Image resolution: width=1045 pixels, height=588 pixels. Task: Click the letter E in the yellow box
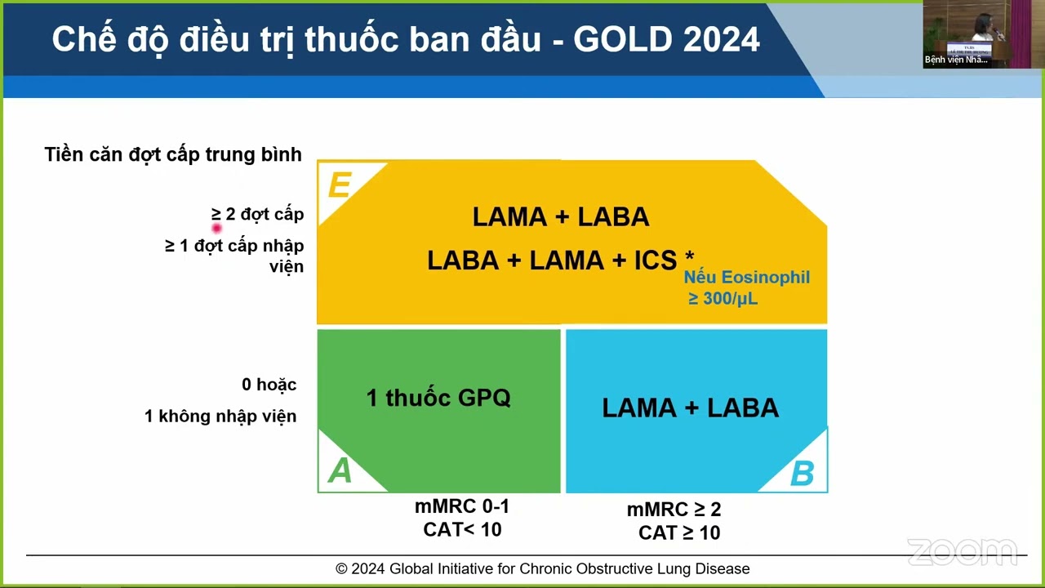(x=339, y=186)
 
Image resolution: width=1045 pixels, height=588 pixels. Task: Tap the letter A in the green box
(x=340, y=470)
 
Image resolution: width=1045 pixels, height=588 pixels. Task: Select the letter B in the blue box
(x=802, y=474)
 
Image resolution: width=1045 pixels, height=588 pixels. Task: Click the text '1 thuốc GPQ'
(x=438, y=398)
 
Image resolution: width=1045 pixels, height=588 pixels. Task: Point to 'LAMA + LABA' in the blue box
(x=690, y=408)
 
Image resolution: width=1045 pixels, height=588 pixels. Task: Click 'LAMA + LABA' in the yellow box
(x=561, y=216)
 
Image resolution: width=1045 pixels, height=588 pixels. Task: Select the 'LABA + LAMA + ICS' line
(x=553, y=261)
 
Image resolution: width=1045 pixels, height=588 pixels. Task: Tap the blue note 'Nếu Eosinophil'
(x=747, y=278)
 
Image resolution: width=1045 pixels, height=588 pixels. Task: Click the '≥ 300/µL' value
(x=723, y=299)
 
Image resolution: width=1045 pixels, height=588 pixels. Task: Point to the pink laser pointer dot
(x=216, y=229)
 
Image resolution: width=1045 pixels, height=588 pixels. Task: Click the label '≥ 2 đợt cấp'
(x=258, y=214)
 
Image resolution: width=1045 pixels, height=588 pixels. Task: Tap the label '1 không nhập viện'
(x=220, y=416)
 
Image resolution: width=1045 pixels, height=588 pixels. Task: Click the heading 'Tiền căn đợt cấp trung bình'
(x=173, y=154)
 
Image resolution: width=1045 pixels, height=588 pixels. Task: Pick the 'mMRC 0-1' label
(x=462, y=506)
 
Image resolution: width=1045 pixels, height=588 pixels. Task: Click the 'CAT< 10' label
(x=462, y=529)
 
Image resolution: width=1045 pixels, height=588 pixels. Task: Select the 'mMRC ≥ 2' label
(x=674, y=510)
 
